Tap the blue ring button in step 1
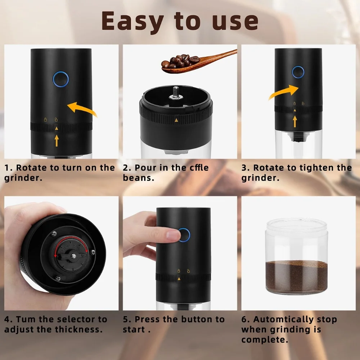click(60, 78)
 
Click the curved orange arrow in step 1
click(82, 109)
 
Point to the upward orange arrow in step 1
click(57, 140)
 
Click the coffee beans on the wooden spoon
click(180, 61)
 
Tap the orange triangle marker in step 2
click(176, 121)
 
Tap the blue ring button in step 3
click(298, 72)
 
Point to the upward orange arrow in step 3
click(294, 121)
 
